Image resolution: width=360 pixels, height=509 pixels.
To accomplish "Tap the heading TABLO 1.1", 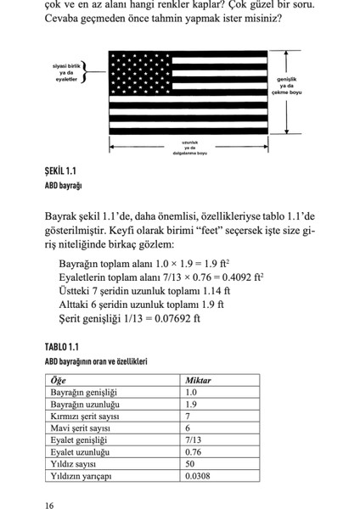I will click(x=61, y=348).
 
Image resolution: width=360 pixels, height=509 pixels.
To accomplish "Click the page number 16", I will click(x=51, y=505).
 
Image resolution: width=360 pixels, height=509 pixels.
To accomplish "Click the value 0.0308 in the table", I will click(x=197, y=476).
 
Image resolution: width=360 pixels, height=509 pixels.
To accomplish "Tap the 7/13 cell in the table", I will click(x=193, y=440).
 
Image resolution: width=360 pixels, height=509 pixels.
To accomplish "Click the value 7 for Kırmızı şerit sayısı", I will click(x=188, y=417).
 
